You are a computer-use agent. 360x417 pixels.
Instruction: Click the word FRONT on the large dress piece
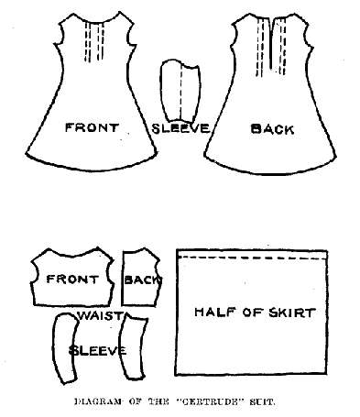tap(92, 127)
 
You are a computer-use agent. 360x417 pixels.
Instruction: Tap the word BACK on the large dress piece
tap(272, 129)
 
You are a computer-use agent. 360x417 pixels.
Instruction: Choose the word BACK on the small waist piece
tap(141, 280)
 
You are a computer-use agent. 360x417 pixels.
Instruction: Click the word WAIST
tap(97, 314)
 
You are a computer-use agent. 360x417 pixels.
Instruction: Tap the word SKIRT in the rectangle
tap(292, 313)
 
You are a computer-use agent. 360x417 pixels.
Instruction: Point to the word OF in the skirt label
tap(250, 313)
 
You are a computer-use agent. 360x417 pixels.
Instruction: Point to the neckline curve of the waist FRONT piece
tap(70, 254)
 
